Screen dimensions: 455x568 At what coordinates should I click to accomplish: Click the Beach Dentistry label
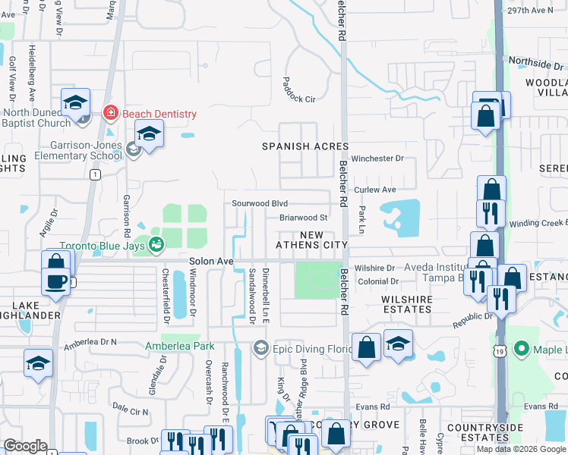point(159,113)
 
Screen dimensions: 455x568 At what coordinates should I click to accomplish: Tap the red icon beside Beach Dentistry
point(111,113)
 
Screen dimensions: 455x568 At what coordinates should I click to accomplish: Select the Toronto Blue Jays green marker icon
point(156,244)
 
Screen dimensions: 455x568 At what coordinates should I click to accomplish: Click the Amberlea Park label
point(180,346)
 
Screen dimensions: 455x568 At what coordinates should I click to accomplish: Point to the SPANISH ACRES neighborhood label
point(305,146)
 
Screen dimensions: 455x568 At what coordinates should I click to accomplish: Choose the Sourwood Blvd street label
point(260,203)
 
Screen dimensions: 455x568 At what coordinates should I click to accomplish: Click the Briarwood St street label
point(303,217)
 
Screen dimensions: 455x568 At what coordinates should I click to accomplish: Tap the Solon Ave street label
point(210,260)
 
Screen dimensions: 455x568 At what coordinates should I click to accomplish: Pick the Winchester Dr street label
point(377,158)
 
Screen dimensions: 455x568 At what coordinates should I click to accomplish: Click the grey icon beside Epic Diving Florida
point(261,348)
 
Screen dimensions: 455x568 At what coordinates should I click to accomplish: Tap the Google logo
point(25,446)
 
